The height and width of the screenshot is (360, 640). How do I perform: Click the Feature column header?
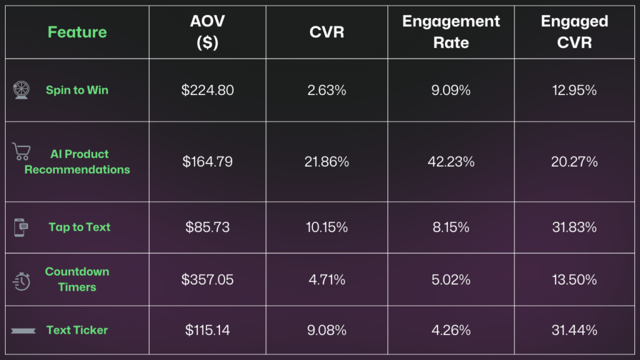(x=77, y=32)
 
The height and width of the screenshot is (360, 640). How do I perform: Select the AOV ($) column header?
(x=207, y=32)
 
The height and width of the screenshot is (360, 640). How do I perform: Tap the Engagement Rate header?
(x=451, y=32)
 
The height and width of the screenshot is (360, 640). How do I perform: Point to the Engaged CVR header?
(x=574, y=32)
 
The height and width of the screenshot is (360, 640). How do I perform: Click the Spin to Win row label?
(x=77, y=90)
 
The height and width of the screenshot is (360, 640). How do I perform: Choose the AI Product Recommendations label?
(x=77, y=162)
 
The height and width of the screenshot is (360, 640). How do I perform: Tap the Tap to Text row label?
(x=79, y=227)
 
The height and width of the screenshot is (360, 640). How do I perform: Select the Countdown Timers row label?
(x=77, y=279)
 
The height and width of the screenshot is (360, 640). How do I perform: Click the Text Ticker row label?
(x=77, y=330)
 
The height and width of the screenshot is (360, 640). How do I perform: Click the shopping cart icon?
(x=21, y=152)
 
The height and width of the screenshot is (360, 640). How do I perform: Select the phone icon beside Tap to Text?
(x=21, y=227)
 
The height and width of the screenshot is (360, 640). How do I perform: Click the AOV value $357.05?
(x=207, y=279)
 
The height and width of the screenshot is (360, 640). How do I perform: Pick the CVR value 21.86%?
(x=327, y=162)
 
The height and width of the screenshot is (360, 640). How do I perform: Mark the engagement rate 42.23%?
(x=451, y=162)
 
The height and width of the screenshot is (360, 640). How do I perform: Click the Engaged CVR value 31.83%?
(x=574, y=227)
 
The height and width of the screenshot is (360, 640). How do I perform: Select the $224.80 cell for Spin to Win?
(x=207, y=90)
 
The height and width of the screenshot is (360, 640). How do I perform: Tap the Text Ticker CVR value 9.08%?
(x=327, y=330)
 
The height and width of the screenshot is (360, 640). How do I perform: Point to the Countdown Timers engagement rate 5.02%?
(x=451, y=279)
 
